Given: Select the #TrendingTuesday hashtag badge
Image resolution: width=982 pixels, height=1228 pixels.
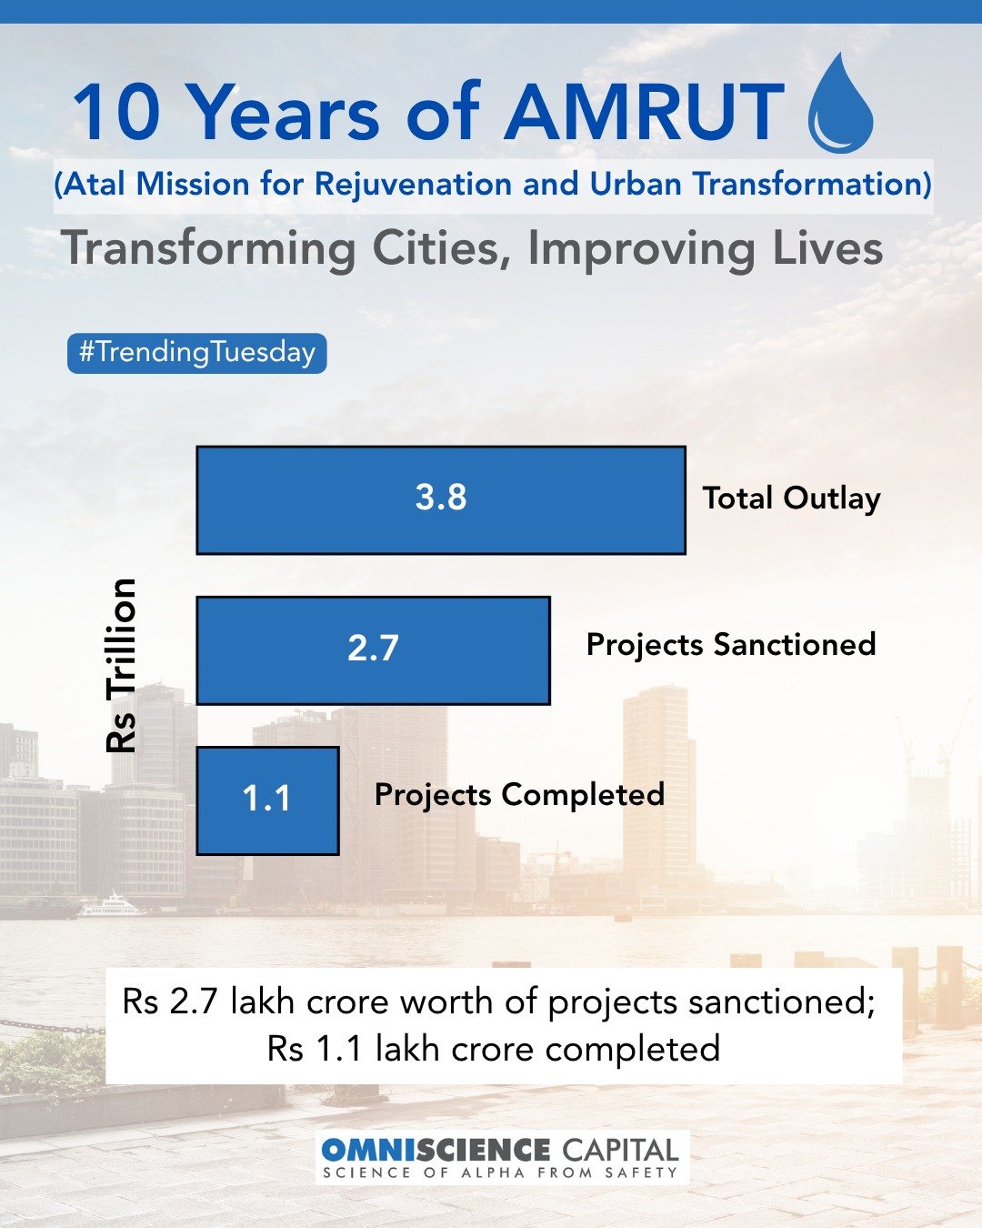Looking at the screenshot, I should (196, 353).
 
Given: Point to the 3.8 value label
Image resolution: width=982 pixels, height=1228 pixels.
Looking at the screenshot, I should (441, 498).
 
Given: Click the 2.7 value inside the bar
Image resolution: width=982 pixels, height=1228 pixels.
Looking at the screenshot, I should (373, 649).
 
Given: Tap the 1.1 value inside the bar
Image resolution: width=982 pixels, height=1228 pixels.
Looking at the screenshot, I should (266, 799).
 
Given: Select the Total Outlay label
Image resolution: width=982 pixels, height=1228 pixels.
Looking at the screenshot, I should (791, 498).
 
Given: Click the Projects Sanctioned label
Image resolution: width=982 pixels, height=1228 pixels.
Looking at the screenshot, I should (731, 645).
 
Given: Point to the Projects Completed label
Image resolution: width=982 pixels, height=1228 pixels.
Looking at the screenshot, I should (519, 795).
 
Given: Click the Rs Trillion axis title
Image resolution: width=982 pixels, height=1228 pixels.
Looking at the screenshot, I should (122, 665).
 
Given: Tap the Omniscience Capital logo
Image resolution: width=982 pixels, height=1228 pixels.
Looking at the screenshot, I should (500, 1157).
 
